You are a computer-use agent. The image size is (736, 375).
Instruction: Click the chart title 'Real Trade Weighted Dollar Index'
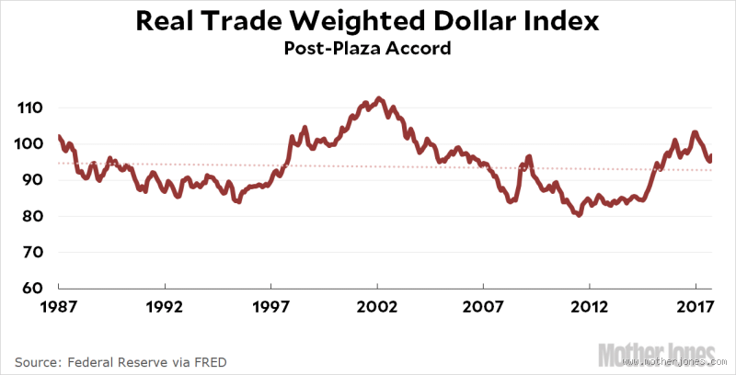point(368,21)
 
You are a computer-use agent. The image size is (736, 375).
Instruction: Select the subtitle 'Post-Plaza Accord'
point(368,48)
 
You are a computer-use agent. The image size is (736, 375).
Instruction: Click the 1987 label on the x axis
point(59,306)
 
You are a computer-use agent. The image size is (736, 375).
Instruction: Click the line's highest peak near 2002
point(380,98)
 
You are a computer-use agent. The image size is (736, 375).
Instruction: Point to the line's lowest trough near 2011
point(578,214)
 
